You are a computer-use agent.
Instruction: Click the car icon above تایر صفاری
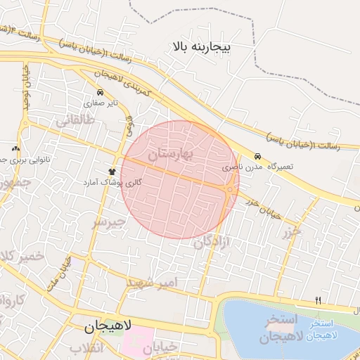click(x=100, y=92)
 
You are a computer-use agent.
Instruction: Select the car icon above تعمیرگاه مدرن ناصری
click(x=258, y=157)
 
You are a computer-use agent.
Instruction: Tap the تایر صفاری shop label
click(x=99, y=103)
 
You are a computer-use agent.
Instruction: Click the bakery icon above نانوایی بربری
click(x=15, y=149)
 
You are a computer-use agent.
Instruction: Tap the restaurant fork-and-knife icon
click(x=318, y=301)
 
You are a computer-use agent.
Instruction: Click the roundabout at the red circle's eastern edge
click(x=230, y=188)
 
